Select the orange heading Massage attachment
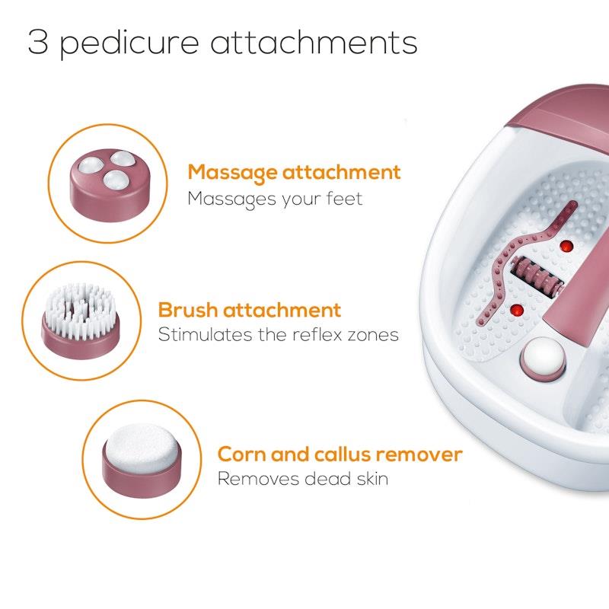point(294,173)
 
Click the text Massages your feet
point(275,199)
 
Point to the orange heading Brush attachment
point(250,310)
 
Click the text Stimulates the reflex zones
point(278,335)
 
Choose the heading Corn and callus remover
point(340,454)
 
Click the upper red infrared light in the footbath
point(566,246)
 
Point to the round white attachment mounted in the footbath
point(542,356)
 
